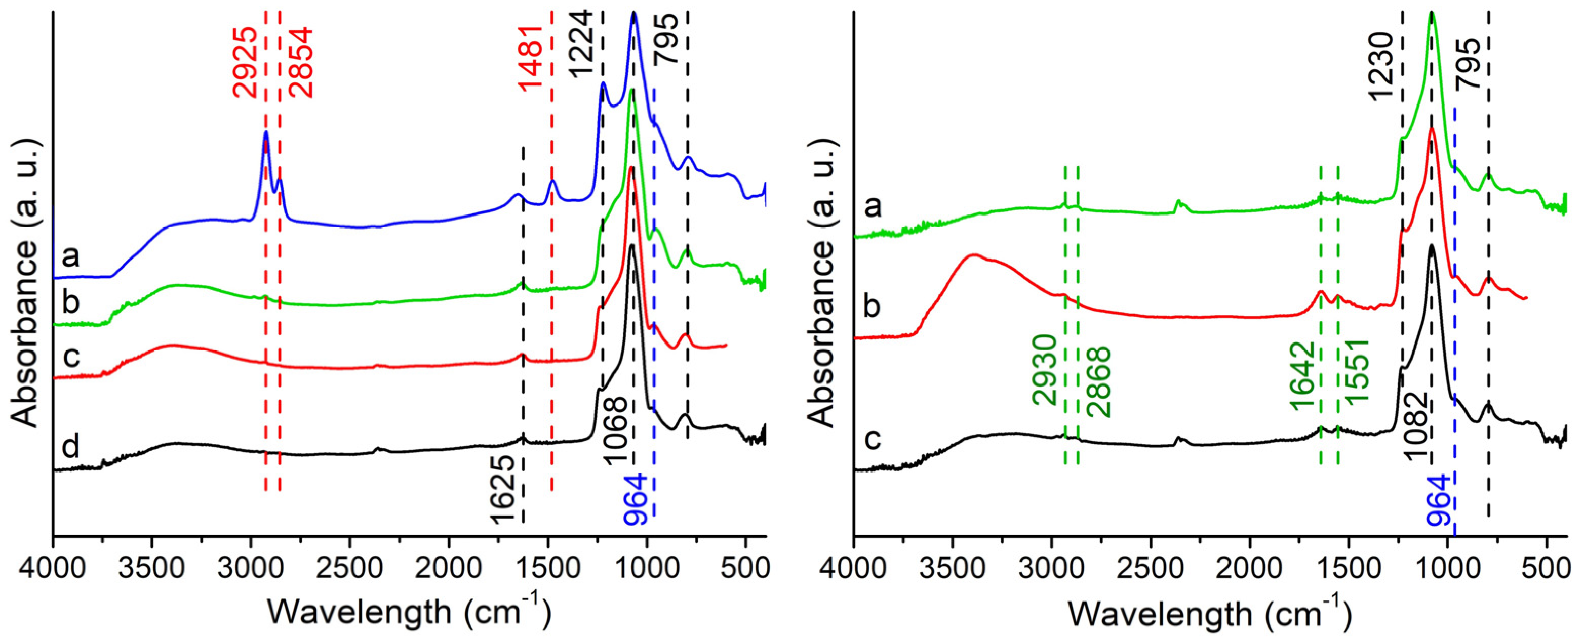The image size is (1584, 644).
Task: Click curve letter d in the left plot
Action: pos(71,447)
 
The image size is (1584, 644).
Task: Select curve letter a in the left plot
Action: pos(71,255)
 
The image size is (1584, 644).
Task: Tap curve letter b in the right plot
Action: pos(872,306)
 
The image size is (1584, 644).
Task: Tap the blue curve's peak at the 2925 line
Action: pos(266,131)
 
